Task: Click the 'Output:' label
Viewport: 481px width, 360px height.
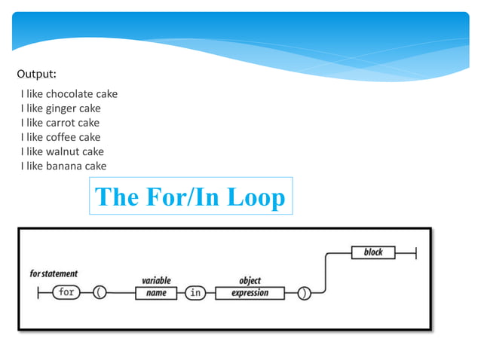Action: pyautogui.click(x=36, y=75)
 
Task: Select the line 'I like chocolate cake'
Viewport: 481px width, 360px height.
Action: pyautogui.click(x=69, y=94)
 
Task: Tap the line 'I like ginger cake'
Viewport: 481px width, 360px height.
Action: pyautogui.click(x=60, y=108)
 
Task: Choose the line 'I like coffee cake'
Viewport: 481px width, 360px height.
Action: pyautogui.click(x=60, y=137)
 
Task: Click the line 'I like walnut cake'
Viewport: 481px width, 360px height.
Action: pyautogui.click(x=62, y=151)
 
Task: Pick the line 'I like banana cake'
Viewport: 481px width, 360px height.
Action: pyautogui.click(x=63, y=166)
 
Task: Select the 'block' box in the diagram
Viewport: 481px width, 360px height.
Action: pyautogui.click(x=373, y=252)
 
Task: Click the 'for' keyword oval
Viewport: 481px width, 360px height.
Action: pyautogui.click(x=66, y=292)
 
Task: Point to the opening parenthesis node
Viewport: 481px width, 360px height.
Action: pyautogui.click(x=100, y=292)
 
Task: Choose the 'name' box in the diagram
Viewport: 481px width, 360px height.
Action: pyautogui.click(x=156, y=292)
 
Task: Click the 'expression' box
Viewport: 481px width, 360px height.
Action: pyautogui.click(x=250, y=292)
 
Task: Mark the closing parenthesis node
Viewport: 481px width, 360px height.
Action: pyautogui.click(x=303, y=292)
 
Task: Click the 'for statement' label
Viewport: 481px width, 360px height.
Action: pyautogui.click(x=54, y=273)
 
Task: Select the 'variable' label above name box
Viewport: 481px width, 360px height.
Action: pyautogui.click(x=156, y=281)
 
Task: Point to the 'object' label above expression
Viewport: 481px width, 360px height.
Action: pyautogui.click(x=250, y=281)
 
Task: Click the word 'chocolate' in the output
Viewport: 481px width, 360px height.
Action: pyautogui.click(x=69, y=94)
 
